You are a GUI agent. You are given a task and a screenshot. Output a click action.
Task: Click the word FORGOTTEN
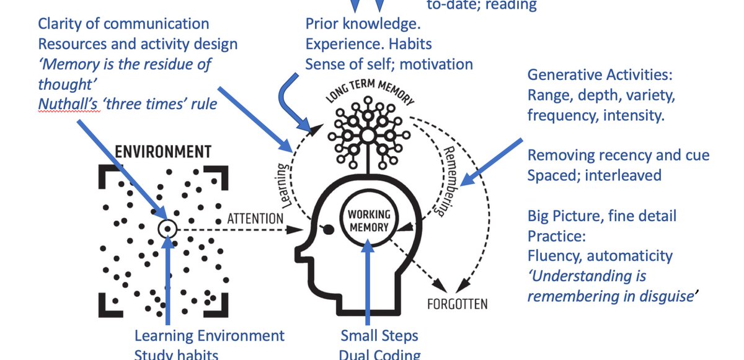[457, 304]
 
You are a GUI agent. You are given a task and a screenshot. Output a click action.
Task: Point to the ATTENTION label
[255, 218]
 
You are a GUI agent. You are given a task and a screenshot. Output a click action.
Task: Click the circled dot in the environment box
[167, 229]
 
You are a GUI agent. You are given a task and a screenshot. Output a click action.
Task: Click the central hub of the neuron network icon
[368, 134]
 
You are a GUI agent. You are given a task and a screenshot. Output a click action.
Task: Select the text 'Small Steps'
[379, 336]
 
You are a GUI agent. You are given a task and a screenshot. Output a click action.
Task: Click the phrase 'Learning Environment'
[210, 336]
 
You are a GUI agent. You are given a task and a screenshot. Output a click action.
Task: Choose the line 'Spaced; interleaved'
[594, 175]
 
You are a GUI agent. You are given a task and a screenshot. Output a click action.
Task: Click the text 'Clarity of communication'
[123, 24]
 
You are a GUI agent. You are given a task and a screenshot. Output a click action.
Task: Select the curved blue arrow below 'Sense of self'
[291, 99]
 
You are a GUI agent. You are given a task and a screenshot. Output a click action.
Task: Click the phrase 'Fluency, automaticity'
[600, 255]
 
